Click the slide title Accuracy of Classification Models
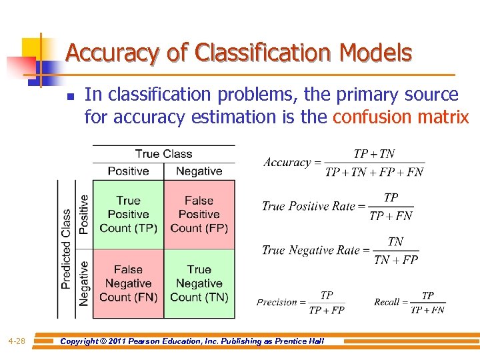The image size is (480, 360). point(239,53)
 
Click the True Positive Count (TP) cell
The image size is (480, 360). point(128,214)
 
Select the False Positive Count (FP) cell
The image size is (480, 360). point(199,214)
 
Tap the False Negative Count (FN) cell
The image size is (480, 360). point(128,283)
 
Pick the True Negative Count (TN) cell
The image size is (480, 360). point(199,283)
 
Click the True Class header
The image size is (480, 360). point(163,154)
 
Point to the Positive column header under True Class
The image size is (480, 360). point(128,171)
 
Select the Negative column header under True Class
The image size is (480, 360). point(199,171)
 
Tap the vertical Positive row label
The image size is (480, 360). point(84,214)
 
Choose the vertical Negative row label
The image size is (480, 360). point(84,283)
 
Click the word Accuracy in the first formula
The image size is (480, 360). point(287,163)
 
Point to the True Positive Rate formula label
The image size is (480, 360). point(309,206)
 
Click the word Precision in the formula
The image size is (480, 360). point(277,302)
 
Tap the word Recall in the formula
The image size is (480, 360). point(387,302)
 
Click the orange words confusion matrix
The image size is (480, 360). point(401,117)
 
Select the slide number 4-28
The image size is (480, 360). point(17,341)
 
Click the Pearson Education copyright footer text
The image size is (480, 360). point(192,341)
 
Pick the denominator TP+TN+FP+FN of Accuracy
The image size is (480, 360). point(374,172)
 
